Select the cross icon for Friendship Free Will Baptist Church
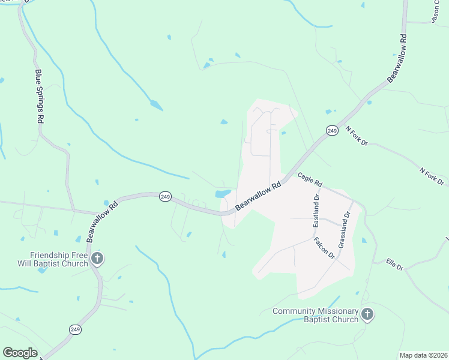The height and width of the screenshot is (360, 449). (97, 259)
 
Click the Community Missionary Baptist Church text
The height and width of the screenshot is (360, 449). (315, 315)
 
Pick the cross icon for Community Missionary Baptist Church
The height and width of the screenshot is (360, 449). (367, 314)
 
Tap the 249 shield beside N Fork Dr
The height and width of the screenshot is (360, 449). (332, 130)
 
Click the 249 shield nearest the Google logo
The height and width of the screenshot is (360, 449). (76, 329)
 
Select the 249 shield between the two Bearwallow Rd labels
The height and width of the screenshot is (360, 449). (166, 196)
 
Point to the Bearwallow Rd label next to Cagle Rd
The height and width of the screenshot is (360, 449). (258, 196)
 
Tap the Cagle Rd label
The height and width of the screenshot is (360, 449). (310, 179)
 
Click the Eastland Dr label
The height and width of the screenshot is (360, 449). (316, 210)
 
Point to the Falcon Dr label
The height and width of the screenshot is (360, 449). (324, 247)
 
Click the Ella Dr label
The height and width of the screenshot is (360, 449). (394, 264)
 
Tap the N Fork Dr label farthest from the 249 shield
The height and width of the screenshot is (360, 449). (432, 176)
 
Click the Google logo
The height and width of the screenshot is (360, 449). (20, 353)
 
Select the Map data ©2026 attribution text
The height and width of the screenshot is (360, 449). (423, 355)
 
